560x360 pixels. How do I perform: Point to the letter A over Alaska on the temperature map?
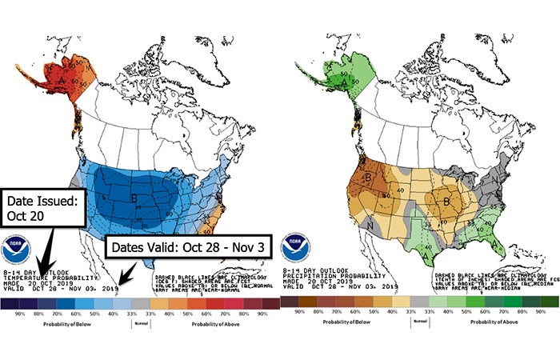click(x=59, y=80)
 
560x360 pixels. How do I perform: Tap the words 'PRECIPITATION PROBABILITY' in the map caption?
click(x=318, y=276)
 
